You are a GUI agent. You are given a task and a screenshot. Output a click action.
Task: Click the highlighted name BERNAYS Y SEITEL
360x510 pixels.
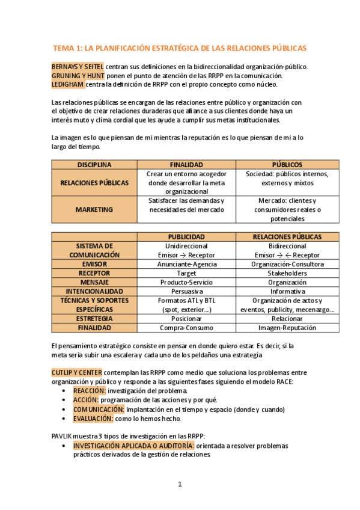coord(78,66)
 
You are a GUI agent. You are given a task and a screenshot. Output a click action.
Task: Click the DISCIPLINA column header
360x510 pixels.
coord(94,164)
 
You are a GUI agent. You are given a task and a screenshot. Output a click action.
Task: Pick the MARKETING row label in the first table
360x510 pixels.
coord(94,209)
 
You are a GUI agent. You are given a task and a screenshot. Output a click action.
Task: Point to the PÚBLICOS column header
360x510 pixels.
coord(287,164)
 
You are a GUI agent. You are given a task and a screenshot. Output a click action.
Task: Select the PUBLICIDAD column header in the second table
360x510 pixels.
coord(186,237)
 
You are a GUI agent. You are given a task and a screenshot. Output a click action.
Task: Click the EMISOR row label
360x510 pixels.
coord(94,264)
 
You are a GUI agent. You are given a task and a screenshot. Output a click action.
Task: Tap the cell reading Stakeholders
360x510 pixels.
coord(287,273)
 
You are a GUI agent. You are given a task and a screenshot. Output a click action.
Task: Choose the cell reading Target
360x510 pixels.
coord(186,273)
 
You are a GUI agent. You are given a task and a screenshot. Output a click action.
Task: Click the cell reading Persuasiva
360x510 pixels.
coord(186,291)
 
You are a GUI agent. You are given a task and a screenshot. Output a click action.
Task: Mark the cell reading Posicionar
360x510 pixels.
coord(186,319)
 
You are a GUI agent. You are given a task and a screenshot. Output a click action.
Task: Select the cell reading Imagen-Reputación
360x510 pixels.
coord(287,328)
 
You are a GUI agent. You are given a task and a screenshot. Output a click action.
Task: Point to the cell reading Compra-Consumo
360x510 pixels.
coord(186,328)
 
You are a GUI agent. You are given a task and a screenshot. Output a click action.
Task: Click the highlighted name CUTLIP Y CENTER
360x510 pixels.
coord(76,373)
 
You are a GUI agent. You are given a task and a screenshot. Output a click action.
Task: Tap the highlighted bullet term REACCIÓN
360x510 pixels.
coord(89,391)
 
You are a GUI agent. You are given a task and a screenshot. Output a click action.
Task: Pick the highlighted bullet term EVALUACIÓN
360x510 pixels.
coord(93,418)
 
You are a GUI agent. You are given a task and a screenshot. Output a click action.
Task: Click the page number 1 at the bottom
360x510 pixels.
coord(180,484)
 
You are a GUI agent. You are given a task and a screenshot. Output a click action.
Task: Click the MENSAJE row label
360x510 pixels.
coord(94,282)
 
